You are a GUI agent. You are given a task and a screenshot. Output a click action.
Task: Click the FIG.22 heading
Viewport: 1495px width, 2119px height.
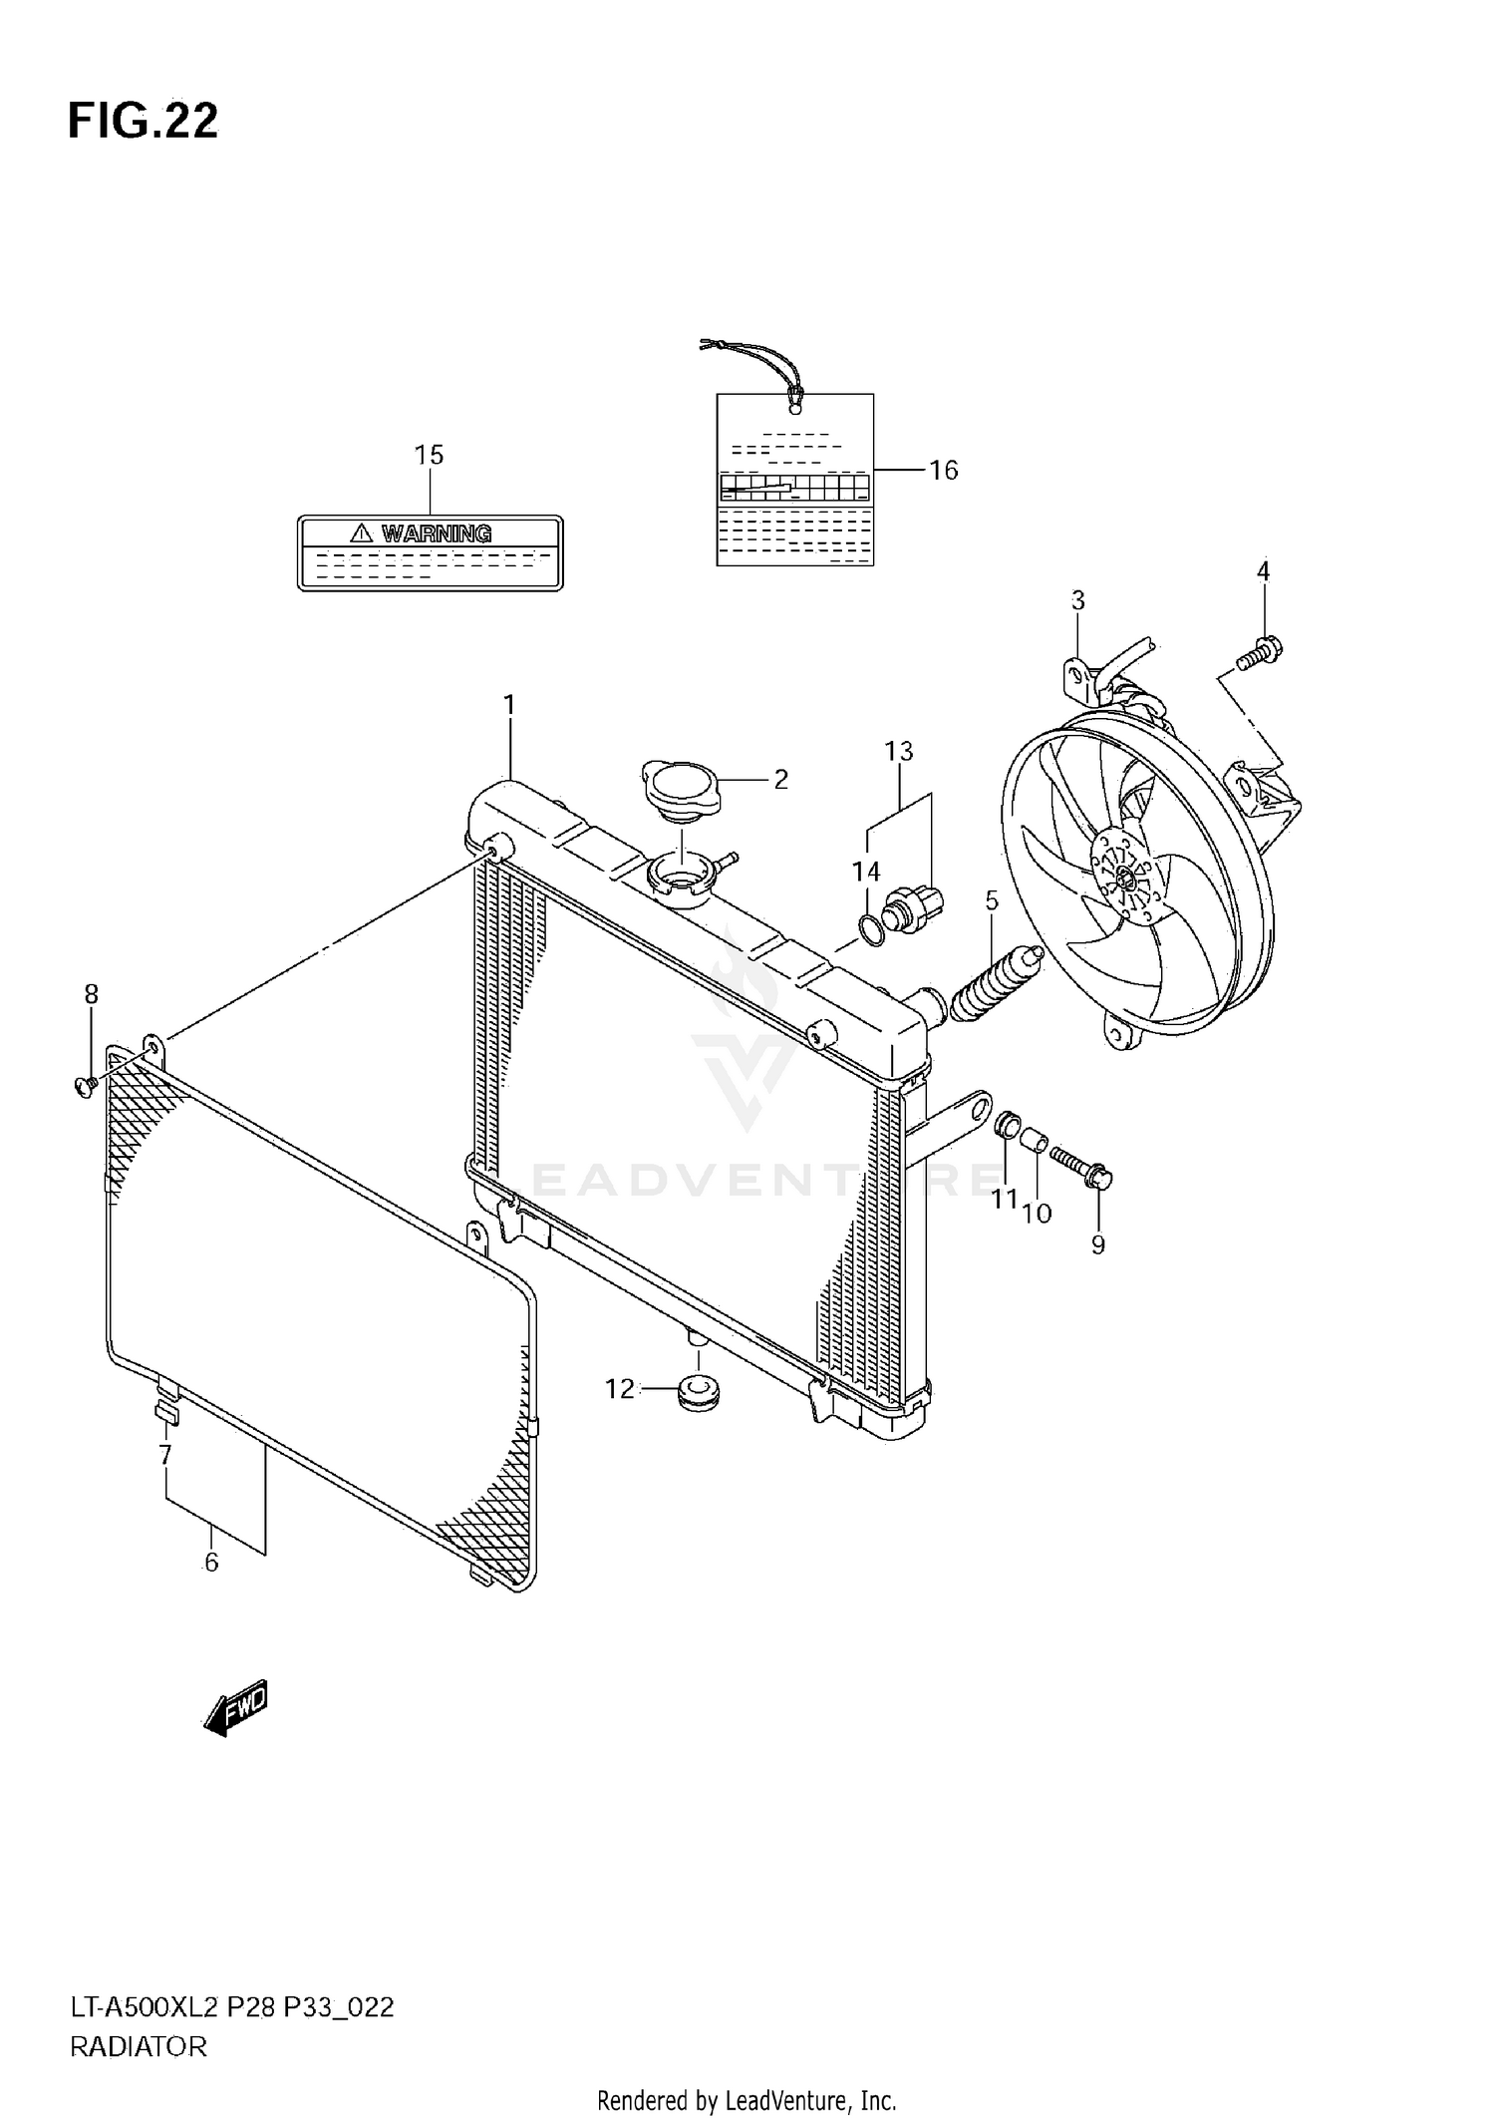tap(143, 121)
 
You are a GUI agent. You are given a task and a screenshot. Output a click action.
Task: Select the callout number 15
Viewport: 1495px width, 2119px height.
tap(429, 456)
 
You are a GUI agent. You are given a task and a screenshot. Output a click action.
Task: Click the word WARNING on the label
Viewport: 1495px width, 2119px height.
tap(436, 533)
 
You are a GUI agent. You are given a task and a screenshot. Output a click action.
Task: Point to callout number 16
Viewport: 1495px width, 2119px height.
tap(943, 470)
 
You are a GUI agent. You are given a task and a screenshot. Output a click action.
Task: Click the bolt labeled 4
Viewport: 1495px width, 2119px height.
tap(1260, 654)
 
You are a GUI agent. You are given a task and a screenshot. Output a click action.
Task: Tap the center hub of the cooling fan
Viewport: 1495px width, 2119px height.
tap(1125, 876)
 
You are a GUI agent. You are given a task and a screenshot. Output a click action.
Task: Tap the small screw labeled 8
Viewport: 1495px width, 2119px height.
tap(85, 1084)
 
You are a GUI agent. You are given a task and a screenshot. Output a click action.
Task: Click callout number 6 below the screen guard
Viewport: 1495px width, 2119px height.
tap(211, 1563)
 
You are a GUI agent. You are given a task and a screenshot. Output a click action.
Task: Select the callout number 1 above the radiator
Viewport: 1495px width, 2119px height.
tap(509, 706)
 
